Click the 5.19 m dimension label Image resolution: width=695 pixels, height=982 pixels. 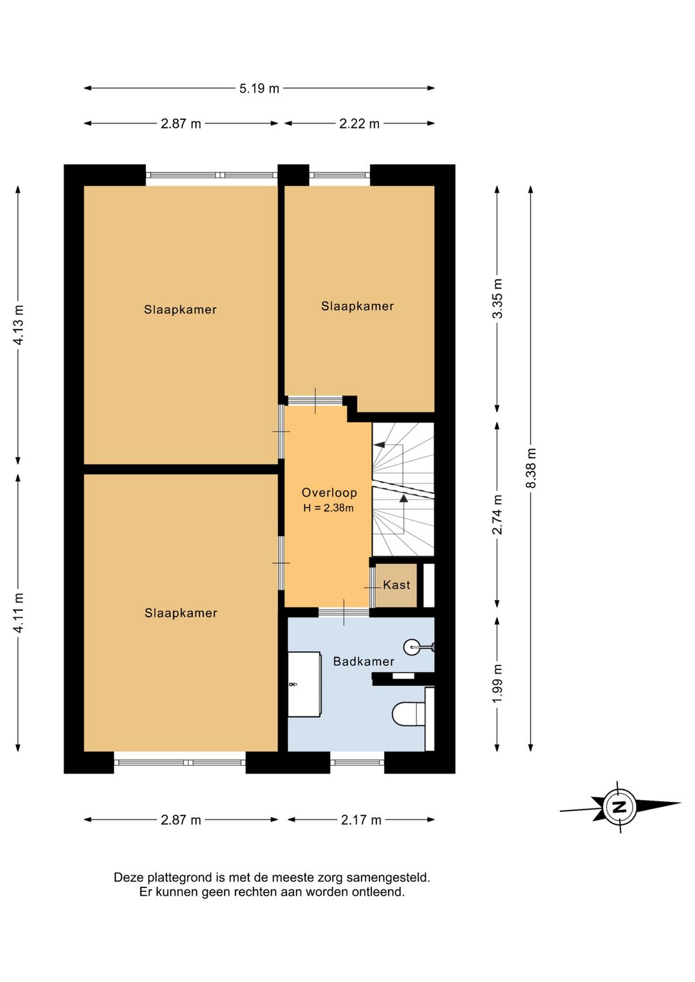coord(259,89)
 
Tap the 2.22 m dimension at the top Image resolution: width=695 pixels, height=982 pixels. coord(359,124)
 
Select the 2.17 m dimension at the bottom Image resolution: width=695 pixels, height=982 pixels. coord(361,820)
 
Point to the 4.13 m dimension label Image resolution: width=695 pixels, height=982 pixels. coord(19,325)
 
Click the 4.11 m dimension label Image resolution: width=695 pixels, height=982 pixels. coord(19,613)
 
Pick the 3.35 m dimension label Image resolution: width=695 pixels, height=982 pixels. coord(497,299)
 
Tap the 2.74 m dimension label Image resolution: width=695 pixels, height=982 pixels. coord(497,514)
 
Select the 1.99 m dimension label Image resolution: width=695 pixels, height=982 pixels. coord(497,683)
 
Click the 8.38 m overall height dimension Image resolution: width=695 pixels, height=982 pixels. coord(531,468)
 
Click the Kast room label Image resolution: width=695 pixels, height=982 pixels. coord(396,585)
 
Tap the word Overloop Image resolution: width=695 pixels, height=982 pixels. coord(329,493)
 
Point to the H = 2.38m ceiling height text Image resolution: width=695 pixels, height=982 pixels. coord(328,508)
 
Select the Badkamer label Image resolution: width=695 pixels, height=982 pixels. coord(364,662)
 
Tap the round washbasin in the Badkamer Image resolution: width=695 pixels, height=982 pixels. coord(412,647)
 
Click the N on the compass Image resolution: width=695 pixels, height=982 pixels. coord(620,807)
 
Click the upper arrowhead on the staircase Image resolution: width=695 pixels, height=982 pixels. coord(380,445)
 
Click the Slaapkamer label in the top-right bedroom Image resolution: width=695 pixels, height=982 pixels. coord(357,306)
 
